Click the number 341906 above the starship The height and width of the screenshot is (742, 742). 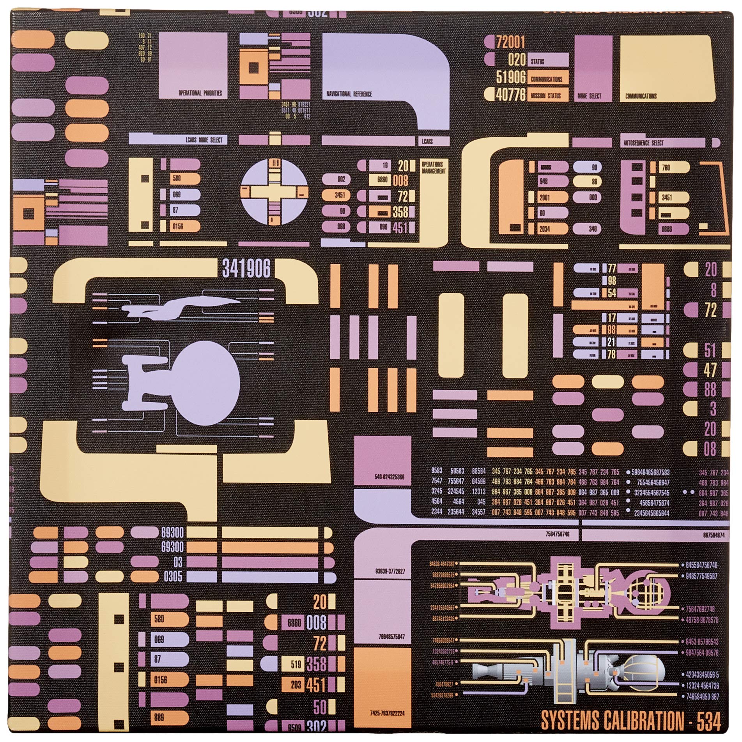click(x=246, y=269)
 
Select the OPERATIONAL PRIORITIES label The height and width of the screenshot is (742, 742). click(x=200, y=94)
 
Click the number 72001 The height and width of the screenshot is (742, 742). click(x=510, y=42)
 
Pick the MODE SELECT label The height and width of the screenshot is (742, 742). click(x=589, y=96)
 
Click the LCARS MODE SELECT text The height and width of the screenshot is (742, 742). click(x=204, y=140)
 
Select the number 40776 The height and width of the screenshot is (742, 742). click(x=510, y=95)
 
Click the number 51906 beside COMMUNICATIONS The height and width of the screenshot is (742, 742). click(x=511, y=78)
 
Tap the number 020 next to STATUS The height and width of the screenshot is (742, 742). click(x=517, y=60)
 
